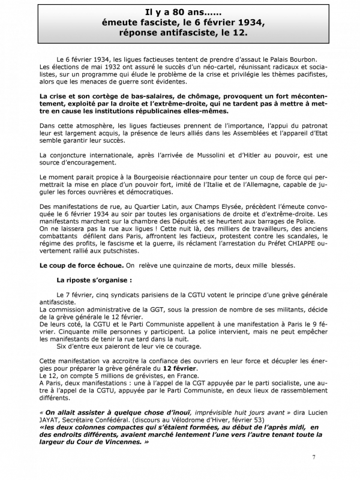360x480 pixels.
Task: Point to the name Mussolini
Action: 220,155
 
